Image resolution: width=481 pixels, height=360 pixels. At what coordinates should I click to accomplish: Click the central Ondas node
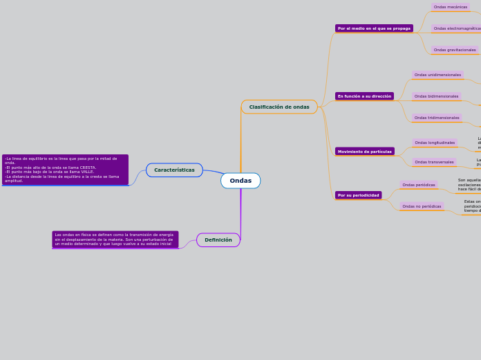pyautogui.click(x=240, y=181)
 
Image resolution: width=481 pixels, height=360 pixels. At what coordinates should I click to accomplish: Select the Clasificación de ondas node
pyautogui.click(x=279, y=107)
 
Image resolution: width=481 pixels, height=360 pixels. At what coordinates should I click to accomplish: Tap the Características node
pyautogui.click(x=174, y=170)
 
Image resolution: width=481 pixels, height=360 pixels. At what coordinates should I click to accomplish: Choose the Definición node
pyautogui.click(x=218, y=240)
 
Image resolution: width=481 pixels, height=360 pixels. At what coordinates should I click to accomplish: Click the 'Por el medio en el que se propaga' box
pyautogui.click(x=374, y=28)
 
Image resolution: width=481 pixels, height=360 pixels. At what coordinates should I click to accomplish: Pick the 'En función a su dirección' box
pyautogui.click(x=364, y=96)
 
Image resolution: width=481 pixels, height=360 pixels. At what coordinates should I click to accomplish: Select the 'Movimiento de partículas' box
pyautogui.click(x=364, y=151)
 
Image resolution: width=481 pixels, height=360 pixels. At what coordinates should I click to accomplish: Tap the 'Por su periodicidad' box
pyautogui.click(x=358, y=195)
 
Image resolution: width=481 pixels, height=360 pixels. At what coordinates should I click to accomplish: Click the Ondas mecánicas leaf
pyautogui.click(x=451, y=7)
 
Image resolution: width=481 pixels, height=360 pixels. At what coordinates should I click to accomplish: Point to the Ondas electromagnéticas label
pyautogui.click(x=457, y=28)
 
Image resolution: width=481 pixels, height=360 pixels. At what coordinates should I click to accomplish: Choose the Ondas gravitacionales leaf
pyautogui.click(x=455, y=50)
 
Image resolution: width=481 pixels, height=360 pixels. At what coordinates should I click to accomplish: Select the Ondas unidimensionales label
pyautogui.click(x=437, y=75)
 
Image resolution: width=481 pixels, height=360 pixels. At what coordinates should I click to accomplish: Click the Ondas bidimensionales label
pyautogui.click(x=436, y=96)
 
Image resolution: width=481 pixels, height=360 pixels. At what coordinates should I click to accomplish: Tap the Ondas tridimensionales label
pyautogui.click(x=437, y=118)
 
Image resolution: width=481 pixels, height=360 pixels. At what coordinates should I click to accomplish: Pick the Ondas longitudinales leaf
pyautogui.click(x=435, y=143)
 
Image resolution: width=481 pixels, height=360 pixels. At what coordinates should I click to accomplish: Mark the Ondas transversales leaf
pyautogui.click(x=434, y=162)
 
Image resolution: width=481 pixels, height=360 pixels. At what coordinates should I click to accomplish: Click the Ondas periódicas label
pyautogui.click(x=419, y=185)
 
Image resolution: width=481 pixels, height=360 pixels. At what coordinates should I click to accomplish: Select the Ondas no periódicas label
pyautogui.click(x=422, y=206)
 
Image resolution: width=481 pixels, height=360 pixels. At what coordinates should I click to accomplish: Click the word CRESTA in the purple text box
pyautogui.click(x=88, y=168)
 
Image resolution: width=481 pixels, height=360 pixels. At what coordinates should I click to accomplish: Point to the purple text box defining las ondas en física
pyautogui.click(x=115, y=240)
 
